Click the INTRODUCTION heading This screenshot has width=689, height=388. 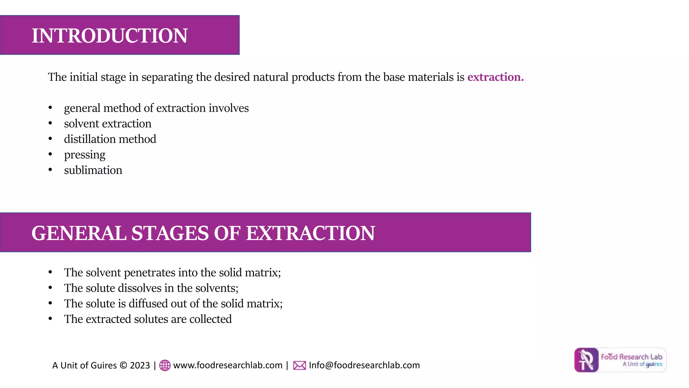(x=109, y=36)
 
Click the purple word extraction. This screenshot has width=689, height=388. (x=495, y=77)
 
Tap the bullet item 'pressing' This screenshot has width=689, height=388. (x=85, y=155)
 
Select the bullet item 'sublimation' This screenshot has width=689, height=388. (x=93, y=170)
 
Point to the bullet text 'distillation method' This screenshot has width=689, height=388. (x=110, y=139)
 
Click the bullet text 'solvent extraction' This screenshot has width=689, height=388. (x=108, y=124)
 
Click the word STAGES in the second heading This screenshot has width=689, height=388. (x=170, y=233)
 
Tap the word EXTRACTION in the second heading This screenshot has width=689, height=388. (x=310, y=233)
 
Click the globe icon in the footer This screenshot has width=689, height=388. (x=165, y=365)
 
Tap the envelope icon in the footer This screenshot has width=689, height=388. (x=299, y=365)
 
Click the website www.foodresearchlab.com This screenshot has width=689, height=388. (x=228, y=365)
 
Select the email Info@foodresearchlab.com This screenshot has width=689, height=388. (x=364, y=365)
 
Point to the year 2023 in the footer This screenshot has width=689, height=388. (x=140, y=365)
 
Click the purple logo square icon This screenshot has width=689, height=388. (x=586, y=360)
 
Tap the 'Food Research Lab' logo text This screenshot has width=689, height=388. (x=631, y=357)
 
